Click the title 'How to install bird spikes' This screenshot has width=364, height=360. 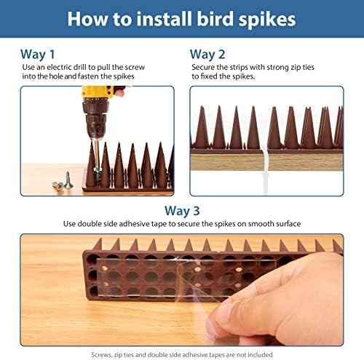[182, 18]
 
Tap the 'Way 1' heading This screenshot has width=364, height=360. [39, 54]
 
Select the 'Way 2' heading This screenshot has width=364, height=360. [208, 54]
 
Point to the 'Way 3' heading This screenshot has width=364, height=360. [182, 211]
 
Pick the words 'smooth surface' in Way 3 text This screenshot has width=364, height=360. [272, 224]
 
